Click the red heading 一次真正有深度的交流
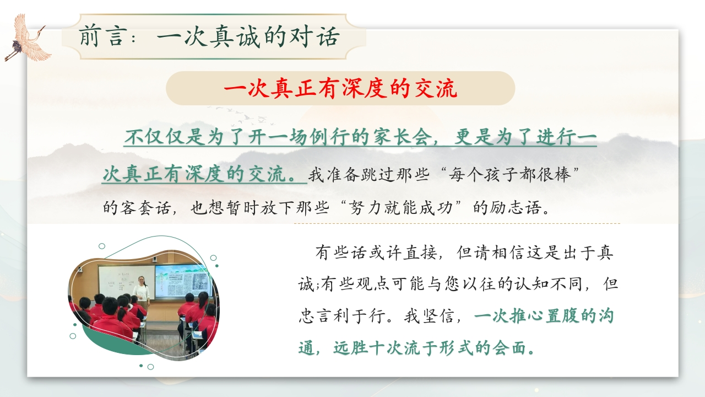pos(340,89)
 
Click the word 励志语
pos(516,208)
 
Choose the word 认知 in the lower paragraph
pos(532,284)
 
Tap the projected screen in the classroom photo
pos(184,281)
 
